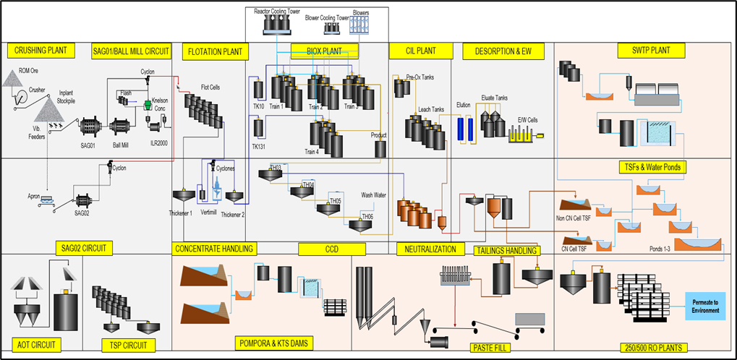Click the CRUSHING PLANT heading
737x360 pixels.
pyautogui.click(x=41, y=51)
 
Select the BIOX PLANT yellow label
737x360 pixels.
pyautogui.click(x=325, y=51)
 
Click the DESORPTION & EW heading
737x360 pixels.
pyautogui.click(x=502, y=51)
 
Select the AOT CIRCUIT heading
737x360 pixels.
pyautogui.click(x=34, y=344)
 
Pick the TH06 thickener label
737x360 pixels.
pyautogui.click(x=367, y=216)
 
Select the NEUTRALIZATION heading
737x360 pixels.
pyautogui.click(x=431, y=249)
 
